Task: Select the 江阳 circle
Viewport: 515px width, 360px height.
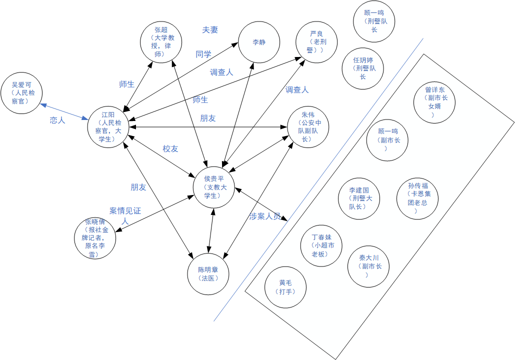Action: pos(108,127)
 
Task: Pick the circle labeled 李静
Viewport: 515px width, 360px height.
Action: pos(258,42)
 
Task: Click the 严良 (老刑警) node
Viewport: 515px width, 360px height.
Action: pos(316,42)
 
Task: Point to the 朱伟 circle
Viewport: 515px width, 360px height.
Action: pos(308,127)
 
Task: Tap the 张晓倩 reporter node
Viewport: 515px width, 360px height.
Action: pos(94,238)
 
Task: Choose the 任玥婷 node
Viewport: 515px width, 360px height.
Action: pos(363,68)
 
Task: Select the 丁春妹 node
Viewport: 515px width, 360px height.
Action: pos(321,245)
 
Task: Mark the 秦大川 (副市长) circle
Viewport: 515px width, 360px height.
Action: pos(368,266)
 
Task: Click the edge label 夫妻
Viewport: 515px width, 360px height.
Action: pos(210,30)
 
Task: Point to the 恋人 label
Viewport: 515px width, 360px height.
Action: pos(57,120)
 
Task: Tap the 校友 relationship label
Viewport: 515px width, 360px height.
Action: pos(170,149)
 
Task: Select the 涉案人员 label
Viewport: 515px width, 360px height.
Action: pos(265,216)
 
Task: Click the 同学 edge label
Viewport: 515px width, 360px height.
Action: pos(203,54)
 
